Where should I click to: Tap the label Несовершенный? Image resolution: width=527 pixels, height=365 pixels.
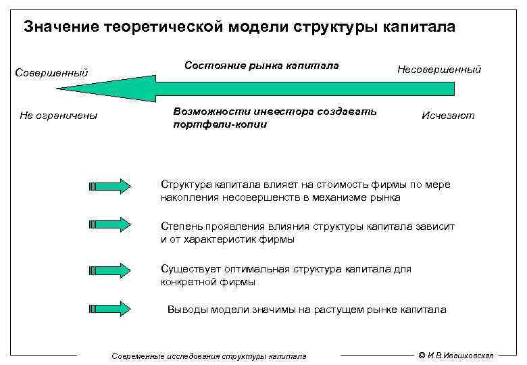tap(439, 69)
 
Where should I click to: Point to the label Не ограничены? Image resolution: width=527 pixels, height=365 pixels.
tap(59, 116)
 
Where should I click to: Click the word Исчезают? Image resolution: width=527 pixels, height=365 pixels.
tap(448, 116)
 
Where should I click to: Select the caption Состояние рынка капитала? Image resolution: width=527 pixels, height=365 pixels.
tap(261, 66)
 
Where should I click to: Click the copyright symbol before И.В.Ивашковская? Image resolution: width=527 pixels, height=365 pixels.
tap(422, 355)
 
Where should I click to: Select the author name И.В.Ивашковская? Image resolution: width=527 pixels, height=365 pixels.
tap(462, 355)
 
